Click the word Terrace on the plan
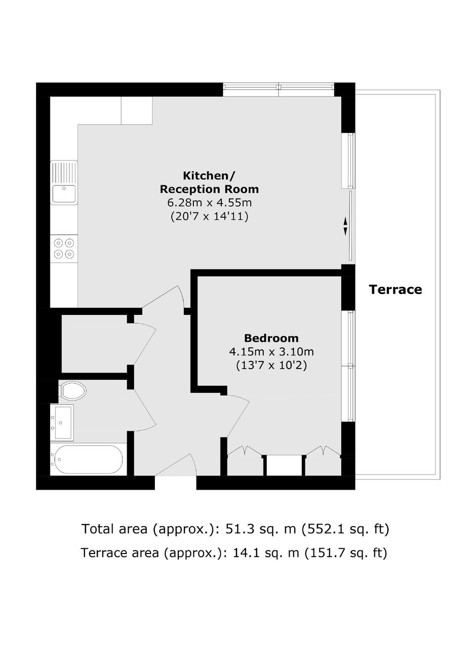click(x=395, y=289)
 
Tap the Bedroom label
click(x=271, y=338)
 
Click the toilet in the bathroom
click(x=72, y=391)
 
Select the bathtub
click(x=87, y=459)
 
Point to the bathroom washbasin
click(x=62, y=423)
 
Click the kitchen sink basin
click(x=64, y=193)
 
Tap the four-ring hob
click(x=64, y=248)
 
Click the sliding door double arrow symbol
click(x=345, y=226)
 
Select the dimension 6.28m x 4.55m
click(x=209, y=203)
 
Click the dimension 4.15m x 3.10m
click(x=271, y=352)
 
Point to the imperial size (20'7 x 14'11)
click(x=209, y=216)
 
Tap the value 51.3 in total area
click(x=237, y=529)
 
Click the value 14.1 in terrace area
click(x=245, y=553)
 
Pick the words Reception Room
click(x=209, y=189)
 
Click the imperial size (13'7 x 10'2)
click(x=271, y=365)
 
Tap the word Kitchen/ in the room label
click(x=209, y=176)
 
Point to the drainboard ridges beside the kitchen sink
click(x=64, y=172)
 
